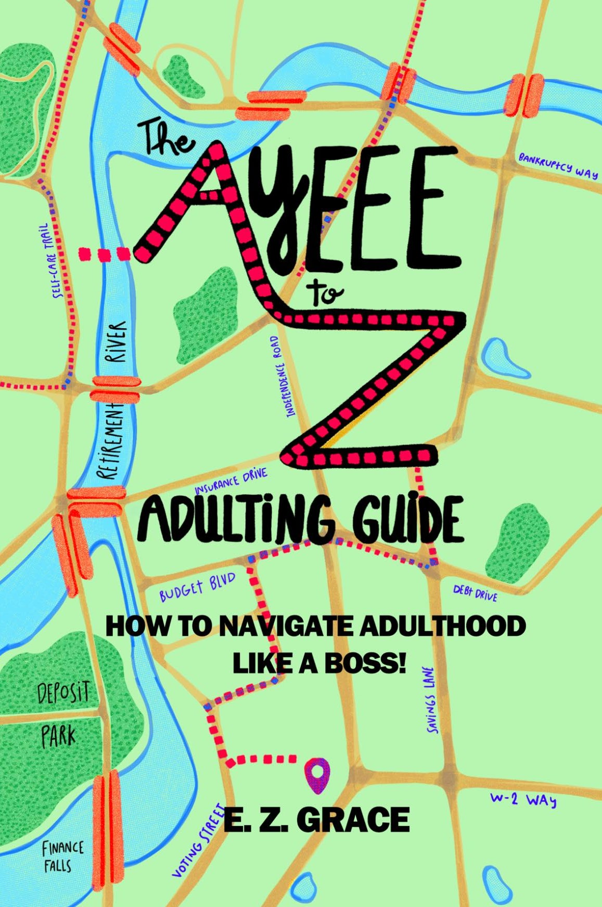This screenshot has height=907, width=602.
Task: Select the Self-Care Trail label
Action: tap(51, 261)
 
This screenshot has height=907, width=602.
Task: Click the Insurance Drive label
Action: tap(231, 482)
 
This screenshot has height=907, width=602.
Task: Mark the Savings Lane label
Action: tap(431, 700)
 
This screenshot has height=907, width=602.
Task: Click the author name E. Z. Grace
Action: tap(316, 820)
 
